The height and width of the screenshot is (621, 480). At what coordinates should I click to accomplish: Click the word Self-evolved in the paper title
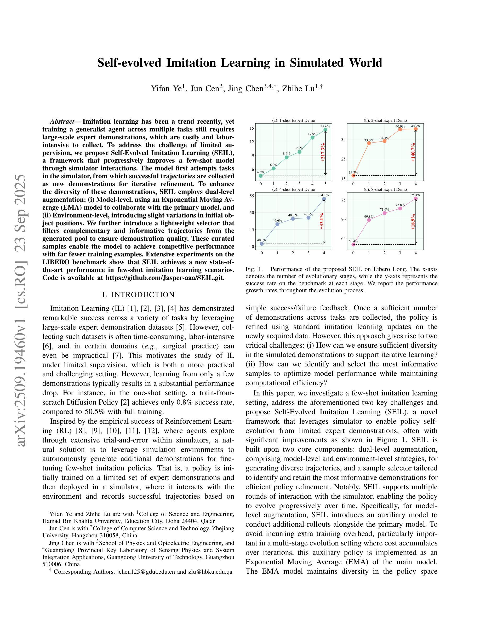point(129,63)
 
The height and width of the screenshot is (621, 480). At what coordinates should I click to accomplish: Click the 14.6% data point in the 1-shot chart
point(325,130)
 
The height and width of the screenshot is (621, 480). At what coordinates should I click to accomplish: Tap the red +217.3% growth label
point(322,152)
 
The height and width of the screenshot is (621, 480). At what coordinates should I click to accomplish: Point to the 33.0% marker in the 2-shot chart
point(369,143)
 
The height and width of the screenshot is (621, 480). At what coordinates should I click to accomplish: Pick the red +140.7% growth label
point(413,152)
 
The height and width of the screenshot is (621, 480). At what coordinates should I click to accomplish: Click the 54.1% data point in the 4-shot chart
point(324,199)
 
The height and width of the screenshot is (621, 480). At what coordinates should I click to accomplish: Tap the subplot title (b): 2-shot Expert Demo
point(385,120)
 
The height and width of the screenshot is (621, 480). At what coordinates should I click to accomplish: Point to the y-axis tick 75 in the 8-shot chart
point(343,200)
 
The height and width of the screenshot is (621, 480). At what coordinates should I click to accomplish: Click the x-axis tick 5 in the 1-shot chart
point(325,184)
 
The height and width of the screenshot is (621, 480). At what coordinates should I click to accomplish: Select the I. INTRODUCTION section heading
point(138,295)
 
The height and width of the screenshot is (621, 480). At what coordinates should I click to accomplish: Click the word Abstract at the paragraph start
point(62,122)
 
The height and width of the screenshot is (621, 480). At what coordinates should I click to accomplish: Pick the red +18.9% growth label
point(413,222)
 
